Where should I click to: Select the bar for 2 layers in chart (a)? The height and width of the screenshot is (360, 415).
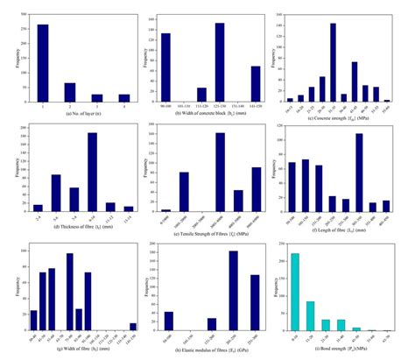click(x=69, y=92)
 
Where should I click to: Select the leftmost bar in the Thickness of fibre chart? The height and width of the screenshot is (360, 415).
click(x=38, y=208)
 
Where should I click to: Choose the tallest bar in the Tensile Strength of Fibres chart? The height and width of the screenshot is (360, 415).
click(x=220, y=172)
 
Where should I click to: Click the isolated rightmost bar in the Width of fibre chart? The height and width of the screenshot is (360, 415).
click(x=133, y=326)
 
